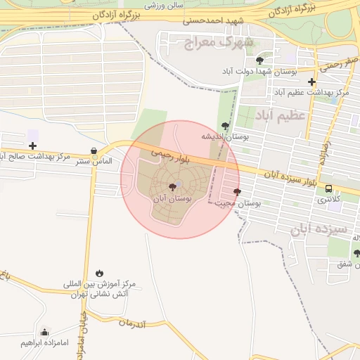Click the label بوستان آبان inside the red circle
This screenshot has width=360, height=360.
[x=172, y=200]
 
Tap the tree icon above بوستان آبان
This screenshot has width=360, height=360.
[x=172, y=187]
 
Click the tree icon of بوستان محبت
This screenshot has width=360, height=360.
[x=237, y=191]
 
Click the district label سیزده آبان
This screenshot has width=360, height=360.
[x=319, y=230]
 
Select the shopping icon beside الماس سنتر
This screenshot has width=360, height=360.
[x=94, y=151]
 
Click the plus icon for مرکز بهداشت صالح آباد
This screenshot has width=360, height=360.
[x=32, y=146]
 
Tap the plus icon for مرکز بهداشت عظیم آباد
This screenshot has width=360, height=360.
[x=311, y=82]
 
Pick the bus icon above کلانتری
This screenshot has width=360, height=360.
[x=328, y=188]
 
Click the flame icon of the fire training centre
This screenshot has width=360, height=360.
[x=99, y=273]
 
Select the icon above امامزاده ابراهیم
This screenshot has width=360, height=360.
[x=45, y=332]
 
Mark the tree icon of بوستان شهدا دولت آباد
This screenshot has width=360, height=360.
[x=259, y=61]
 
